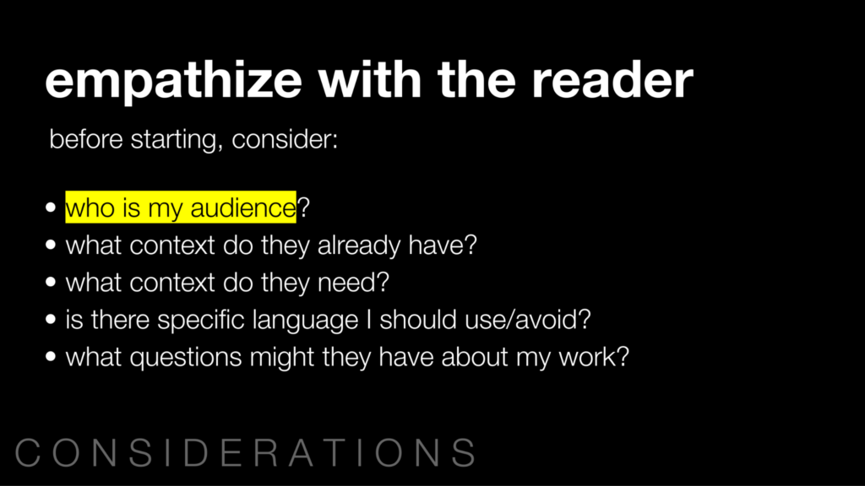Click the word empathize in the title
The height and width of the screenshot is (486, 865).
tap(174, 81)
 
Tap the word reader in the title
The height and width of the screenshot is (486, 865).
tap(612, 79)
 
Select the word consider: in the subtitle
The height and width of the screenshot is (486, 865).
tap(285, 139)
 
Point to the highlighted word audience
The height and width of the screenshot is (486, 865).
tap(243, 208)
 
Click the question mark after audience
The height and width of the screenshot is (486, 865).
tap(303, 208)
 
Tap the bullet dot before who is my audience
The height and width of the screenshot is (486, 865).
tap(52, 208)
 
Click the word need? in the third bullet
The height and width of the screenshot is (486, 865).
tap(354, 282)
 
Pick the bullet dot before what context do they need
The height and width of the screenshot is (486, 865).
tap(52, 282)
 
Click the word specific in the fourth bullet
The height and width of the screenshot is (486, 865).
tap(201, 320)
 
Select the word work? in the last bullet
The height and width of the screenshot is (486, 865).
tap(594, 357)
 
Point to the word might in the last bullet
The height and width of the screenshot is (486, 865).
tap(282, 358)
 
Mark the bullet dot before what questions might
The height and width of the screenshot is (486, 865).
tap(52, 357)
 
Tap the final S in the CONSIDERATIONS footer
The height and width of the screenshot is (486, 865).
tap(464, 452)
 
